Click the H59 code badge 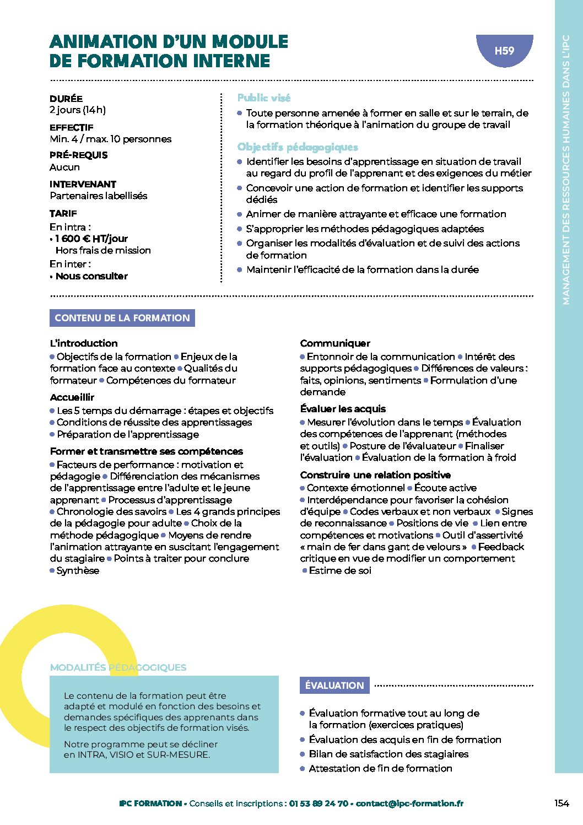pyautogui.click(x=504, y=51)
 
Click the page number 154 pyautogui.click(x=561, y=804)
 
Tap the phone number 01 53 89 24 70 pyautogui.click(x=319, y=804)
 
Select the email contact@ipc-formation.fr pyautogui.click(x=409, y=804)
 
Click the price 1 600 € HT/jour pyautogui.click(x=91, y=239)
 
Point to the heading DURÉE pyautogui.click(x=66, y=99)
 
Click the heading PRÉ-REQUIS pyautogui.click(x=78, y=155)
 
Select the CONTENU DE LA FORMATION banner pyautogui.click(x=122, y=318)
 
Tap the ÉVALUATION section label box pyautogui.click(x=334, y=686)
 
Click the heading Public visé pyautogui.click(x=264, y=98)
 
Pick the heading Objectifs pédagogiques pyautogui.click(x=298, y=147)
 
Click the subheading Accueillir pyautogui.click(x=72, y=397)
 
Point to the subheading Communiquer pyautogui.click(x=335, y=343)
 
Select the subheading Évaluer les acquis pyautogui.click(x=343, y=409)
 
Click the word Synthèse pyautogui.click(x=78, y=570)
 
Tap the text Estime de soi pyautogui.click(x=340, y=570)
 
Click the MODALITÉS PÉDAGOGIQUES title pyautogui.click(x=118, y=667)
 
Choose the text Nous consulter pyautogui.click(x=91, y=276)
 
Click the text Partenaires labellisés pyautogui.click(x=99, y=196)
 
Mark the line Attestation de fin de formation pyautogui.click(x=380, y=768)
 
